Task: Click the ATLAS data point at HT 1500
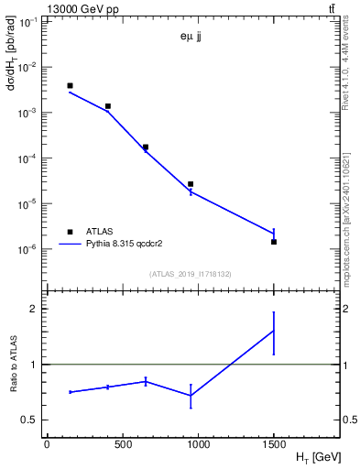tap(274, 242)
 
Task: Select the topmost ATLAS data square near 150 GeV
tap(70, 86)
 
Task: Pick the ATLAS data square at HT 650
tap(146, 147)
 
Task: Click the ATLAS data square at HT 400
tap(107, 106)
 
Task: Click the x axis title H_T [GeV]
tap(318, 456)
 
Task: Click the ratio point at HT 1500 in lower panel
tap(274, 331)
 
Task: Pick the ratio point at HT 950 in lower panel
tap(191, 395)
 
